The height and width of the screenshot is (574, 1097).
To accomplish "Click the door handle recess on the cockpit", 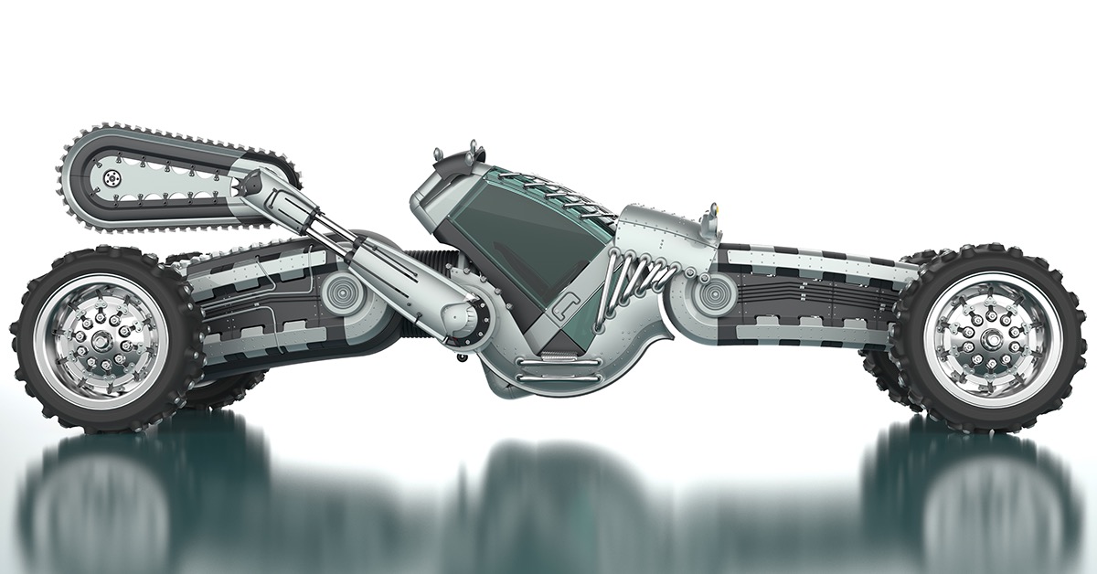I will (x=569, y=305).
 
